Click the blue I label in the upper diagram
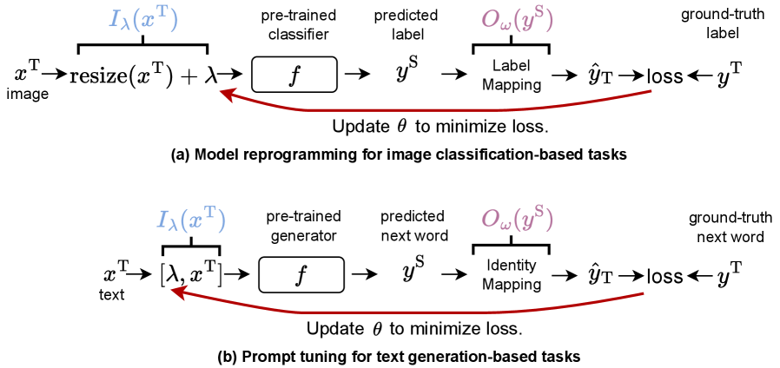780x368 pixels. point(143,20)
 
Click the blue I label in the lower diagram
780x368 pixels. point(191,220)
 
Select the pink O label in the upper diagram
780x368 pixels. point(517,20)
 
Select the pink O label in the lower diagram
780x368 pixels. point(517,220)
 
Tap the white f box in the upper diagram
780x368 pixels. point(294,75)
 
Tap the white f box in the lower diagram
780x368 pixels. point(301,275)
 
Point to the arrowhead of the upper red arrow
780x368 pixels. point(223,92)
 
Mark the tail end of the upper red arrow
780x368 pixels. point(651,91)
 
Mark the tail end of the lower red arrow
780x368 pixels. point(643,293)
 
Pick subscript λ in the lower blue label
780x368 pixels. point(173,226)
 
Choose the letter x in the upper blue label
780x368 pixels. point(149,21)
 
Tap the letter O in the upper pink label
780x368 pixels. point(489,20)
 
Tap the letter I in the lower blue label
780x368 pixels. point(162,220)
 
